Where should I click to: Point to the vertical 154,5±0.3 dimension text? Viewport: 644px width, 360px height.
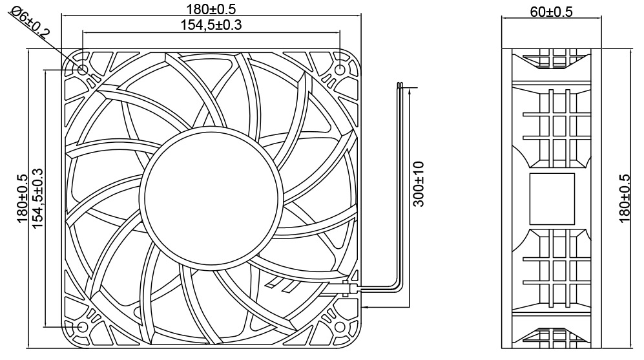pyautogui.click(x=38, y=197)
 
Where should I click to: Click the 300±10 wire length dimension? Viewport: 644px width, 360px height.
pyautogui.click(x=419, y=184)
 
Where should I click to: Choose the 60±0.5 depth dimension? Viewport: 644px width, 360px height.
pyautogui.click(x=550, y=12)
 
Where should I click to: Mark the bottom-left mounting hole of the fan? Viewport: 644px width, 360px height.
pyautogui.click(x=83, y=327)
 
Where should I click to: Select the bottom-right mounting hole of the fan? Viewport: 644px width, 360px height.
pyautogui.click(x=340, y=327)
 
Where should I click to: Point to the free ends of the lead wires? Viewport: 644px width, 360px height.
pyautogui.click(x=401, y=86)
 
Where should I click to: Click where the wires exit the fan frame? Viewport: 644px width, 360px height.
pyautogui.click(x=351, y=286)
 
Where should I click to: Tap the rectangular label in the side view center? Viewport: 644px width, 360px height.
pyautogui.click(x=552, y=198)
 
